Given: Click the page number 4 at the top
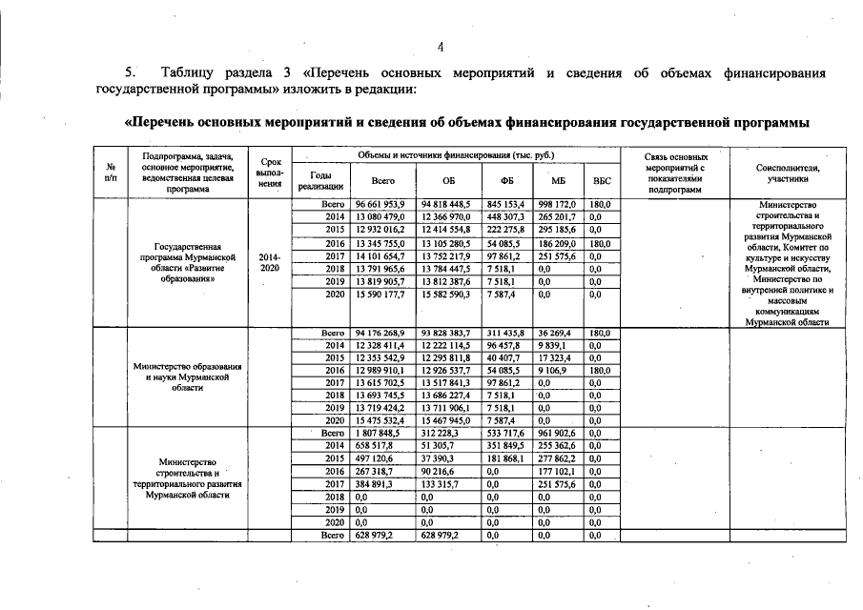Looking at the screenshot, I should click(x=441, y=48).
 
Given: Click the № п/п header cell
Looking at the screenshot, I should click(x=112, y=172).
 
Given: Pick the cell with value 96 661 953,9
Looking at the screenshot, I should click(x=380, y=204).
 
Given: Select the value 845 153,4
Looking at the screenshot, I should click(x=506, y=204).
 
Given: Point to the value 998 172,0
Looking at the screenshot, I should click(x=559, y=204).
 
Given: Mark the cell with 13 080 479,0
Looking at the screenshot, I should click(x=380, y=216).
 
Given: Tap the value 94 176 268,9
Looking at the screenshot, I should click(x=380, y=333).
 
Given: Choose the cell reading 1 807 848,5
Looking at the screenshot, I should click(x=380, y=432).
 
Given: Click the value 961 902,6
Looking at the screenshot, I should click(x=559, y=432).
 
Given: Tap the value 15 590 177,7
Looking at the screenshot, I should click(x=380, y=295).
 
